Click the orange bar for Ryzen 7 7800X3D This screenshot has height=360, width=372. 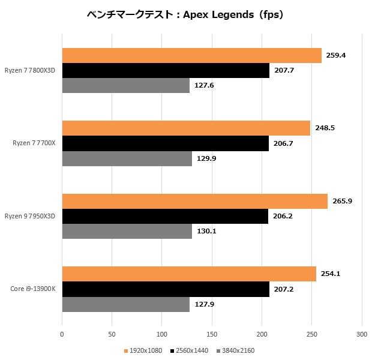(191, 56)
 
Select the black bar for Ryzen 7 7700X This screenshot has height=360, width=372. (166, 143)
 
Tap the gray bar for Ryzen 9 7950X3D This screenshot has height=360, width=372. (127, 232)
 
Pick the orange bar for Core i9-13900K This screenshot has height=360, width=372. (189, 274)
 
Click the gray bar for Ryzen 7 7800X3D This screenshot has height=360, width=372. (126, 85)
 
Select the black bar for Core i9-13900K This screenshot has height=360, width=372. (166, 289)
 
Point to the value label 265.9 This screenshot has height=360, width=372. (343, 201)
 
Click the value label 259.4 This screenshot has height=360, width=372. (336, 55)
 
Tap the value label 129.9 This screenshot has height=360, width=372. (206, 158)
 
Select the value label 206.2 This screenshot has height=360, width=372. (283, 216)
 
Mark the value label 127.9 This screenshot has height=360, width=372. (205, 304)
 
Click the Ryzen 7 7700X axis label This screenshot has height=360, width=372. (34, 143)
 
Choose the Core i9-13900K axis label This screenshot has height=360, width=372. (33, 289)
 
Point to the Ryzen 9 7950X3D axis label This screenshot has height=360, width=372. (29, 216)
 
